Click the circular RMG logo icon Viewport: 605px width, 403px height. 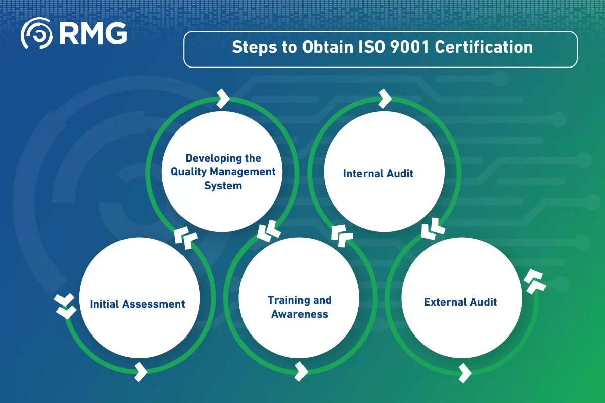[37, 34]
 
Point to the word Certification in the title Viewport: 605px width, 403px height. [483, 48]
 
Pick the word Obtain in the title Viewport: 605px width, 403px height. [316, 48]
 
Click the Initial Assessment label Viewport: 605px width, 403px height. [137, 304]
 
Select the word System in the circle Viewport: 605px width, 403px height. [223, 186]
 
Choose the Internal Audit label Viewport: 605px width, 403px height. [378, 174]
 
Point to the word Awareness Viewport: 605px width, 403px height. [299, 314]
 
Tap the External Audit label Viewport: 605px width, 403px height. [460, 302]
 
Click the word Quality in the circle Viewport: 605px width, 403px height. [188, 172]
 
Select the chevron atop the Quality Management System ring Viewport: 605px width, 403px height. [223, 99]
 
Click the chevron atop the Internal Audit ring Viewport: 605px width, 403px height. [385, 99]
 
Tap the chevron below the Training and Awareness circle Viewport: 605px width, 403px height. [301, 371]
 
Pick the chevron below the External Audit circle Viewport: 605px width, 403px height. [465, 373]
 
